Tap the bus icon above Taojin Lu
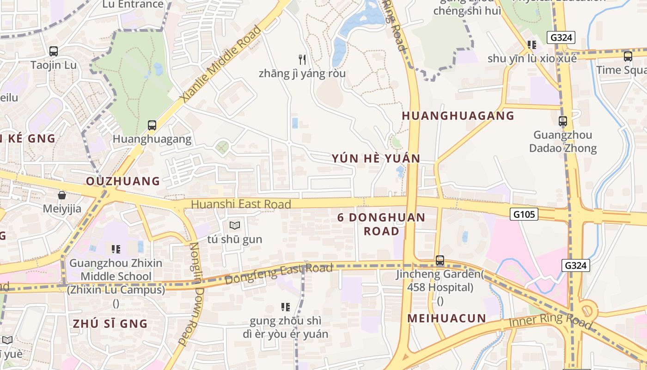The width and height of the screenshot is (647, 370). pyautogui.click(x=54, y=51)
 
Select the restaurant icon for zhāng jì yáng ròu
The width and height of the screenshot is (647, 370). pyautogui.click(x=302, y=60)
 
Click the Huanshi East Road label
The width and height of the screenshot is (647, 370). pyautogui.click(x=241, y=204)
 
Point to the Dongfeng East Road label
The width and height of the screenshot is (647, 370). pyautogui.click(x=279, y=274)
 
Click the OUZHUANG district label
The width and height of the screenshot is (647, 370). pyautogui.click(x=123, y=181)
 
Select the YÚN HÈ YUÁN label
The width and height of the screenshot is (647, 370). pyautogui.click(x=376, y=159)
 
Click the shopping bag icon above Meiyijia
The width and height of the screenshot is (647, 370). pyautogui.click(x=62, y=195)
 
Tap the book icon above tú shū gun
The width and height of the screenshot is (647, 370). pyautogui.click(x=235, y=226)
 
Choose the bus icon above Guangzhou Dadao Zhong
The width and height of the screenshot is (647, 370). pyautogui.click(x=562, y=122)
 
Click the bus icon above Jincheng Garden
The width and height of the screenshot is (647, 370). pyautogui.click(x=439, y=261)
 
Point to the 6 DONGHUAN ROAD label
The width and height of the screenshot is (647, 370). pyautogui.click(x=381, y=224)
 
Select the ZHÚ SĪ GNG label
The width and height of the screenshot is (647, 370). pyautogui.click(x=110, y=324)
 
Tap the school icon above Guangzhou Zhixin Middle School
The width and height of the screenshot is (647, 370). pyautogui.click(x=116, y=249)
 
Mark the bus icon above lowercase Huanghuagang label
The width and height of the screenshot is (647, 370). pyautogui.click(x=152, y=125)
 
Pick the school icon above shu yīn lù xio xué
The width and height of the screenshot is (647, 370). pyautogui.click(x=532, y=45)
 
